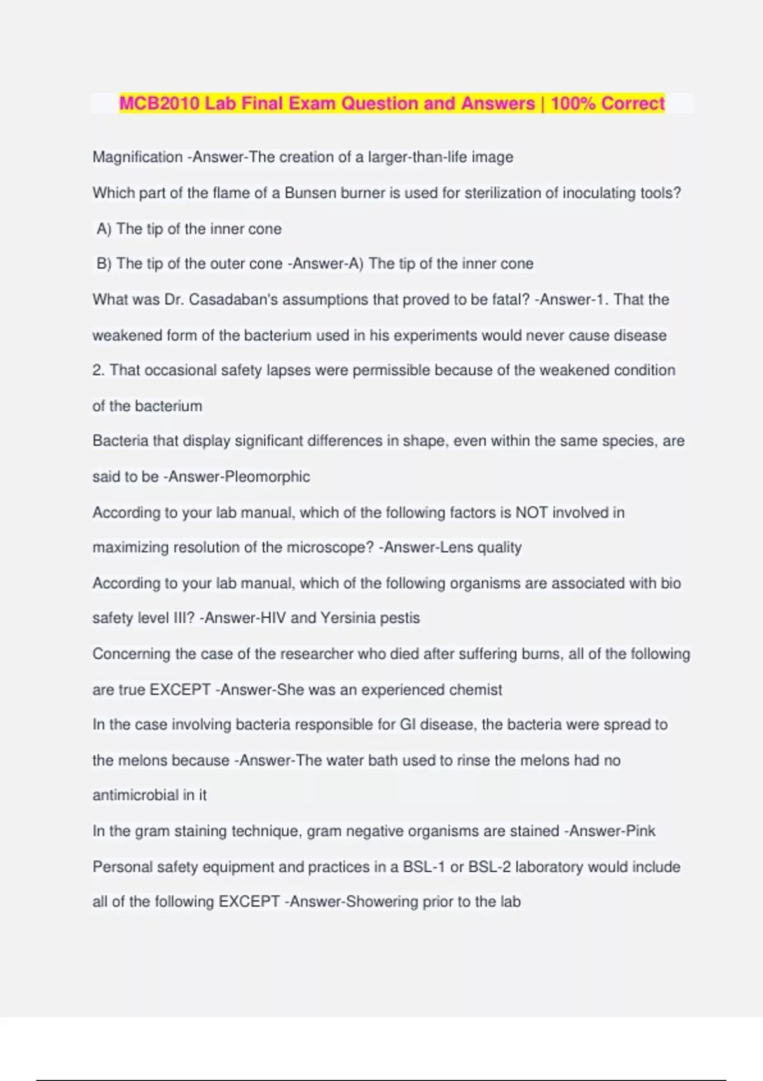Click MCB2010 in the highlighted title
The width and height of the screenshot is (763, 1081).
pos(160,103)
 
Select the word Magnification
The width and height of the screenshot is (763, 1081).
pos(137,157)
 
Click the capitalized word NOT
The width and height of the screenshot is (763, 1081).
pos(531,513)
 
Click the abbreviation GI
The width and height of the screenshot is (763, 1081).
pos(407,725)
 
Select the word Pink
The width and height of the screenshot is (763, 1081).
pos(640,831)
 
